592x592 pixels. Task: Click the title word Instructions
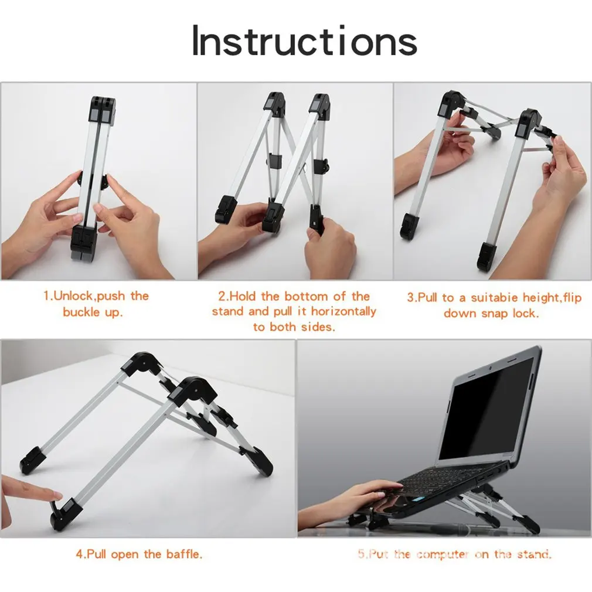[304, 40]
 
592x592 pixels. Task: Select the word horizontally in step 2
[343, 311]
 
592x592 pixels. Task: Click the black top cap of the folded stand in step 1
[102, 109]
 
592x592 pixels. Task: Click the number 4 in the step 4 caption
[79, 554]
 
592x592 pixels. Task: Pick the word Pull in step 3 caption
[427, 298]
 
